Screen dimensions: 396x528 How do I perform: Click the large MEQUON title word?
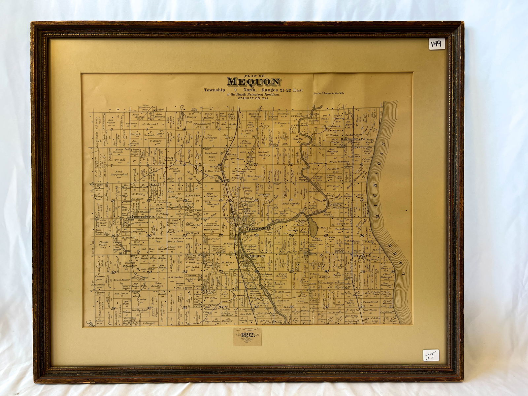pos(253,82)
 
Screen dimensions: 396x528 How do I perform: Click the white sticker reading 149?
pos(437,44)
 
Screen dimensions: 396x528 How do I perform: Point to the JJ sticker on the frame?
pos(431,355)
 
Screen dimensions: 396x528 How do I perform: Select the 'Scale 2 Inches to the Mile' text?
pos(329,93)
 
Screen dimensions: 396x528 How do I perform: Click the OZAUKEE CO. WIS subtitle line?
pos(253,98)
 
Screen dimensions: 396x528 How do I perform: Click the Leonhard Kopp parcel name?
pos(211,155)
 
